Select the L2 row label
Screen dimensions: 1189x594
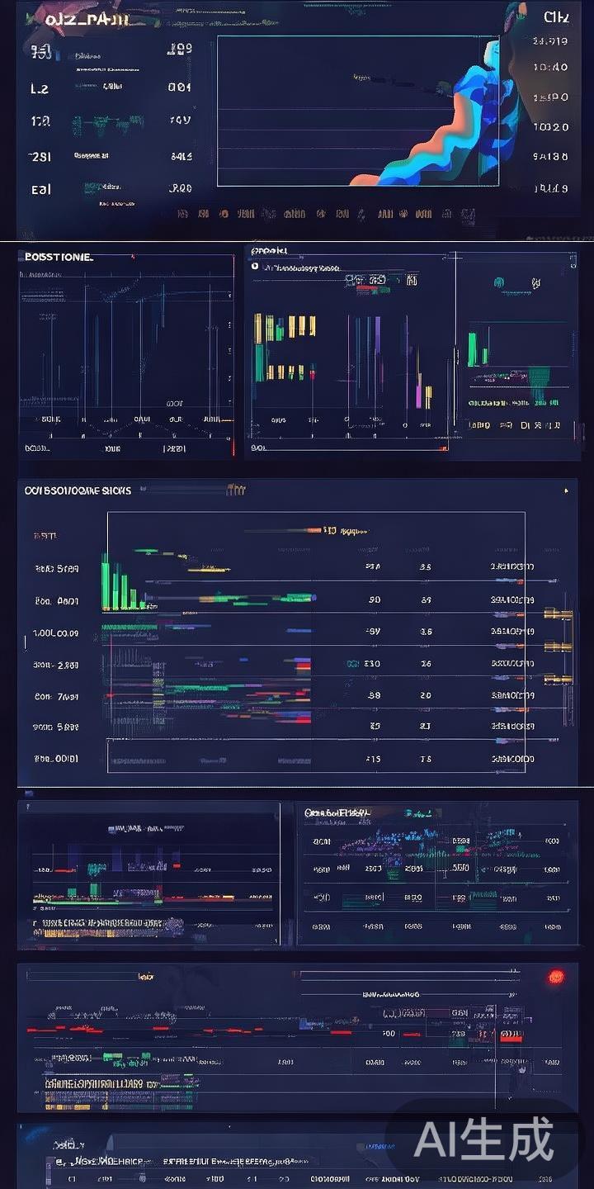coord(40,88)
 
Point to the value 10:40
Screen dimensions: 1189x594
coord(550,68)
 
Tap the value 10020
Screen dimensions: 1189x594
coord(550,127)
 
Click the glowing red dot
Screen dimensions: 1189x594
coord(556,978)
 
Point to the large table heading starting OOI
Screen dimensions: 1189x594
coord(78,490)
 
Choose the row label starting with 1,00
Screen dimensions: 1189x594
coord(55,633)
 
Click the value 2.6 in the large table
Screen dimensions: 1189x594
coord(426,664)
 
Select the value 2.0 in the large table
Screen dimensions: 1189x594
coord(426,695)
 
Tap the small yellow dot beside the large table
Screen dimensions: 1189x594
coord(566,491)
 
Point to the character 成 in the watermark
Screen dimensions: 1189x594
coord(528,1141)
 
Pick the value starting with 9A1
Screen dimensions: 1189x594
coord(550,157)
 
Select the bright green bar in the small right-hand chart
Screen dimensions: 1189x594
coord(473,349)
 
